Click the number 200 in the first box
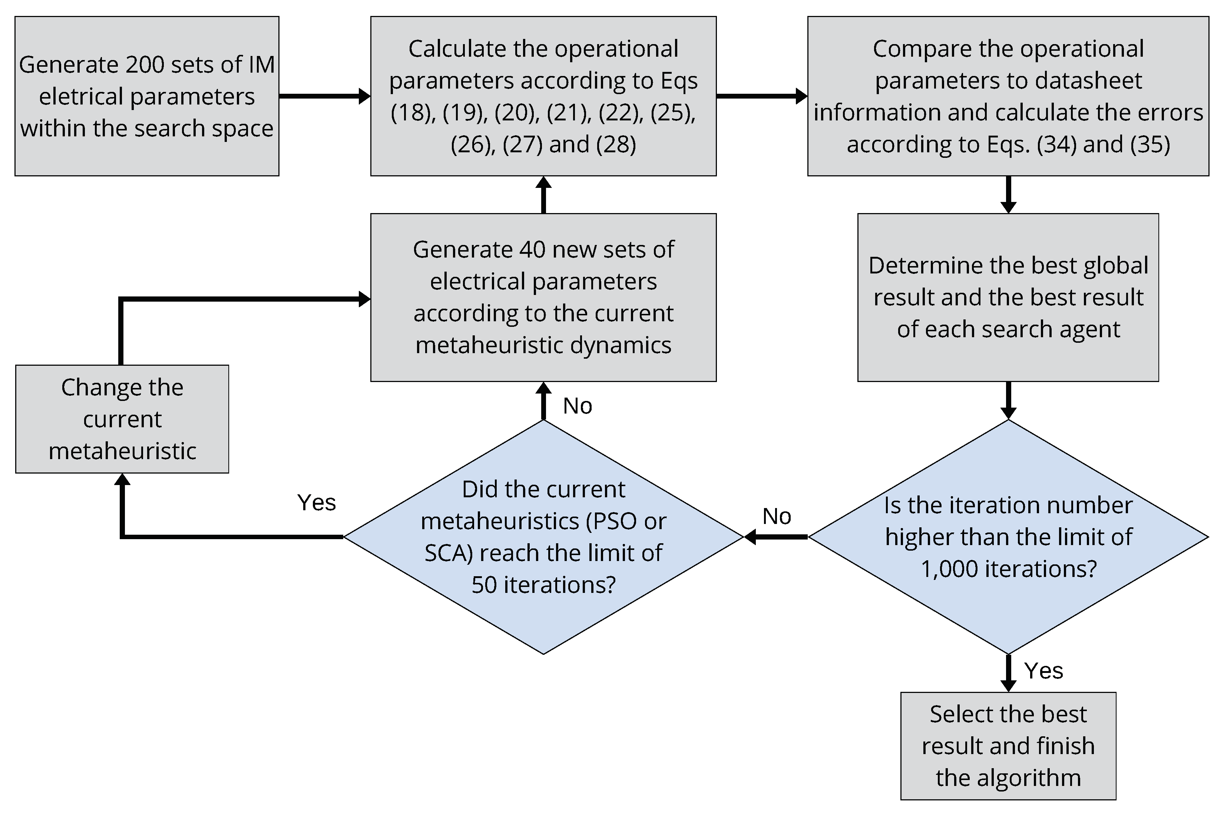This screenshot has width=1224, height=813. [144, 65]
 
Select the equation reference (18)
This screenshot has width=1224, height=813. [413, 113]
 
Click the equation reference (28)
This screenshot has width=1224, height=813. [616, 145]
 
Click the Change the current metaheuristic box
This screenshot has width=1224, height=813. [122, 419]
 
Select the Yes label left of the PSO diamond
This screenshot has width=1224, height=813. [316, 502]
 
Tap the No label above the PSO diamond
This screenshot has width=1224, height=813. [577, 406]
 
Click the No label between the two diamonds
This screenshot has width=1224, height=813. [777, 517]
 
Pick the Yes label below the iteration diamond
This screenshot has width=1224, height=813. [1043, 671]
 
